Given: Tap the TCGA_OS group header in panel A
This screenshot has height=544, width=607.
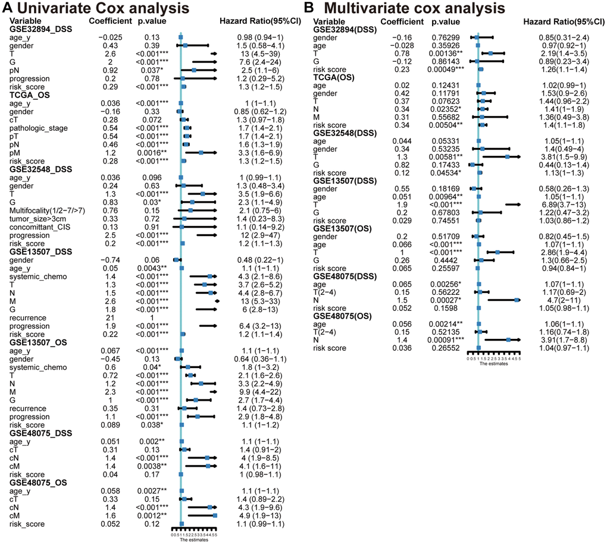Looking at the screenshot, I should pos(31,94).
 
